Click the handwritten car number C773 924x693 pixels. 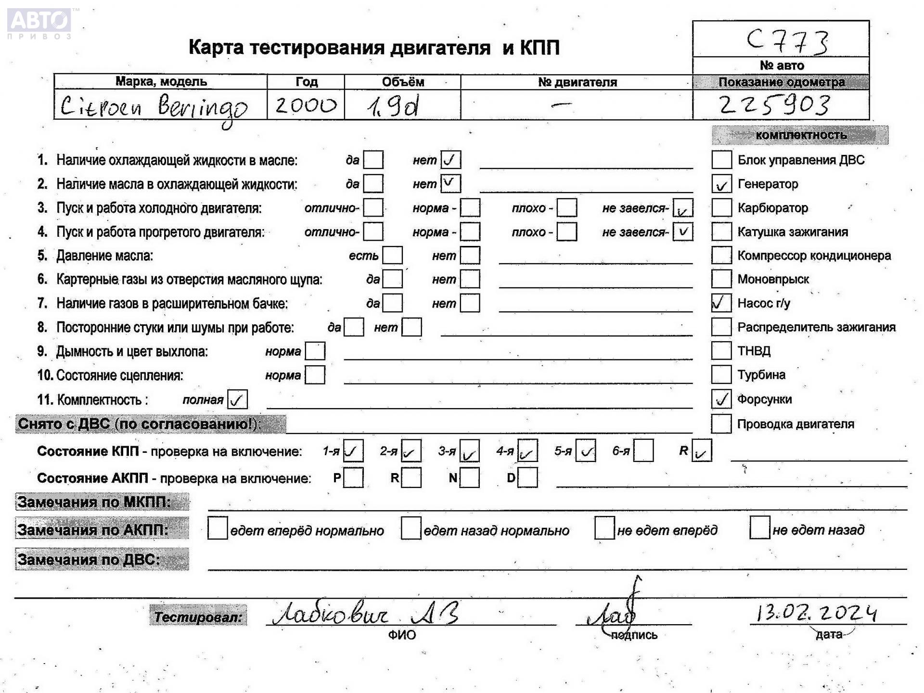787,41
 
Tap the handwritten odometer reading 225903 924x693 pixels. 775,105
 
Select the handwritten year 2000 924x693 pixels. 306,105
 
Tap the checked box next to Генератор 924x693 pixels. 721,184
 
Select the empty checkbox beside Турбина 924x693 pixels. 721,375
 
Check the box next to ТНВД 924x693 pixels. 721,351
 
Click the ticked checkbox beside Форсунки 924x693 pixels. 721,399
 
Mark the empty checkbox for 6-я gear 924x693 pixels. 643,451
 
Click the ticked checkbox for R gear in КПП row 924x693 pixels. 701,451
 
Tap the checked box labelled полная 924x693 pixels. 237,399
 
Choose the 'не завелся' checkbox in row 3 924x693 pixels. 682,208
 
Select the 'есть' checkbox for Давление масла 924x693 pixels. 392,256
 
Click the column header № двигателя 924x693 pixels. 577,82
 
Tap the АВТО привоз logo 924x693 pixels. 39,23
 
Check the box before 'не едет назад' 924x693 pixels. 759,528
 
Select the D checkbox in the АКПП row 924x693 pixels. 528,478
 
